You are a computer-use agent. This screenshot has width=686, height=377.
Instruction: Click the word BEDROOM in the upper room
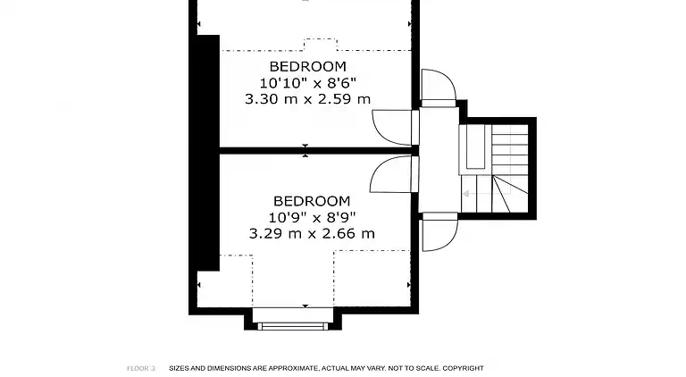307,67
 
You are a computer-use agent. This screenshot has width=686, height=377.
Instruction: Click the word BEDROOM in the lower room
311,201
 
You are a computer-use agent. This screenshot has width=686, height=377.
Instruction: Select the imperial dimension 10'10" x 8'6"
307,83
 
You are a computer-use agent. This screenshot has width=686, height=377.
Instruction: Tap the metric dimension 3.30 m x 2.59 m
307,99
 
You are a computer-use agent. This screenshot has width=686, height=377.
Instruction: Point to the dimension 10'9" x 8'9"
311,217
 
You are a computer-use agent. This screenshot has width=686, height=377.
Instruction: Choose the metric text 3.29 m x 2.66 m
311,233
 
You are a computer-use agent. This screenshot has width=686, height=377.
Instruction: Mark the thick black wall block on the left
207,152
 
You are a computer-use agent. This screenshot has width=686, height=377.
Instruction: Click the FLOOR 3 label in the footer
141,368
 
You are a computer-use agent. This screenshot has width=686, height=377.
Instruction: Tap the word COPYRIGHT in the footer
463,368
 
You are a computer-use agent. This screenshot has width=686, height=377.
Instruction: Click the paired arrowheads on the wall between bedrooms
305,150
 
